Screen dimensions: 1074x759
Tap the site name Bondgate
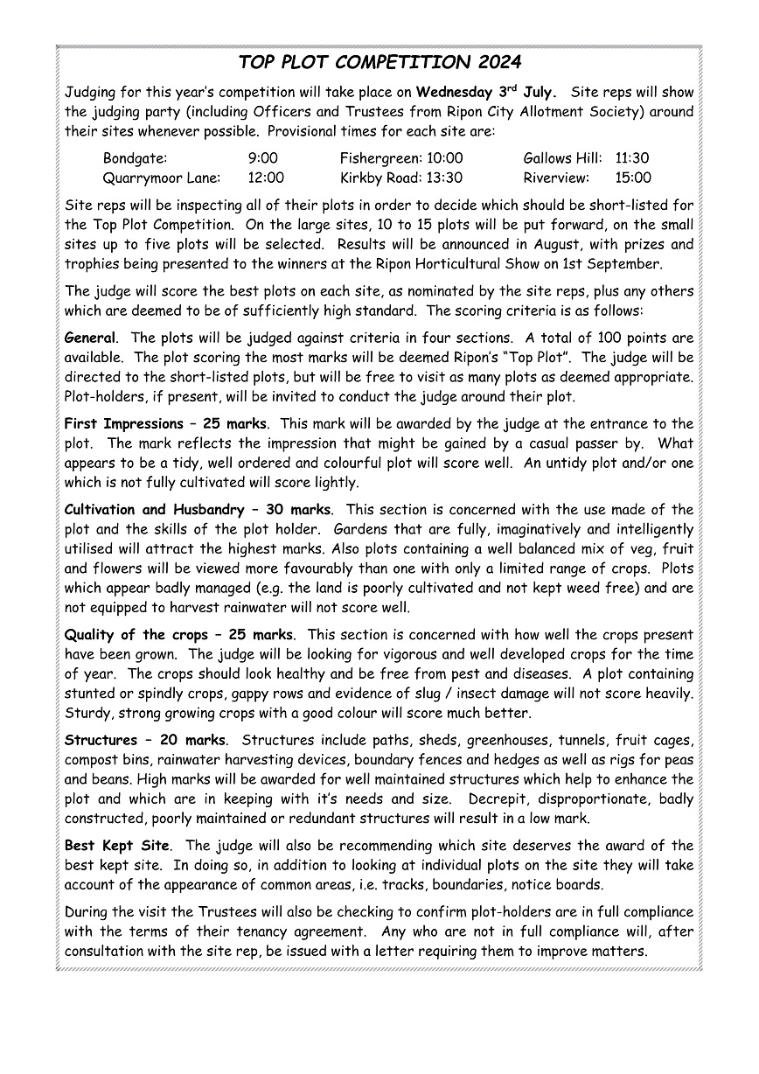[135, 158]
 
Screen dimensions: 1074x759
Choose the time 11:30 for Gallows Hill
[632, 158]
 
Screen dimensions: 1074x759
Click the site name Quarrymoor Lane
[157, 178]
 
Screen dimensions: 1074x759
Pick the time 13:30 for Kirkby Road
[445, 178]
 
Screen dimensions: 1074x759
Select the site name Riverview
[556, 178]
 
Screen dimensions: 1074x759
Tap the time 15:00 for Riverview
[633, 178]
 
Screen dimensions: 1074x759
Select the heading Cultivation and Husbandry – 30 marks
[198, 510]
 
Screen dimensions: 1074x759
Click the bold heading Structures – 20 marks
[145, 741]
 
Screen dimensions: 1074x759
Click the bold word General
[90, 338]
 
